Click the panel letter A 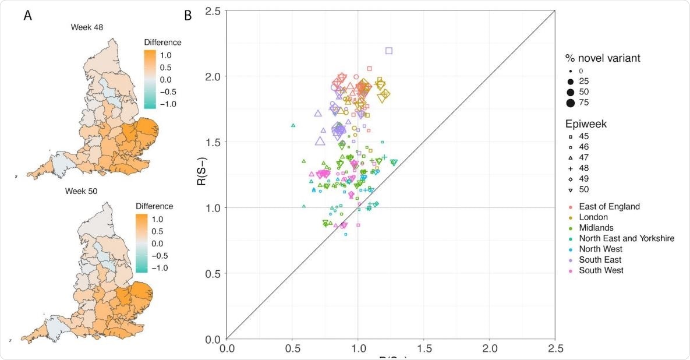27,16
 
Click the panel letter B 188,16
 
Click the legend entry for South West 601,270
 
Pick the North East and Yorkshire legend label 627,238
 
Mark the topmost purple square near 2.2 389,51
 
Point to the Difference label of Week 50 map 154,206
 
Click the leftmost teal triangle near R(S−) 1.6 293,125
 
